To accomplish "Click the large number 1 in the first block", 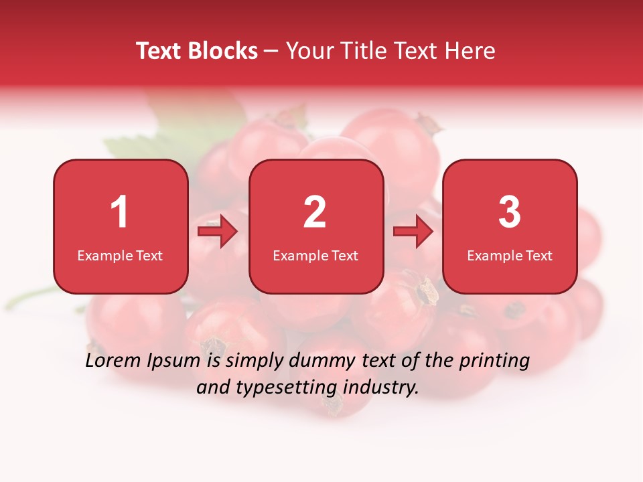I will click(x=119, y=212).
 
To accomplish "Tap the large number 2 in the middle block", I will click(x=315, y=212).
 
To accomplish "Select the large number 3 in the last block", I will click(x=510, y=212).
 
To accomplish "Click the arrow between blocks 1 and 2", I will click(x=218, y=232).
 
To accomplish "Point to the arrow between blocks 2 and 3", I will click(x=413, y=232).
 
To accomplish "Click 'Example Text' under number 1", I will click(x=120, y=255).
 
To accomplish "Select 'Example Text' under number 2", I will click(x=315, y=255).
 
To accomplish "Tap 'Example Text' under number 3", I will click(x=510, y=255).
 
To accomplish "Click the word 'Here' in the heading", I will click(x=472, y=51).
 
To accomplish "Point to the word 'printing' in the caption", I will click(x=494, y=361).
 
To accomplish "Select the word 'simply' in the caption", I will click(x=253, y=361).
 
